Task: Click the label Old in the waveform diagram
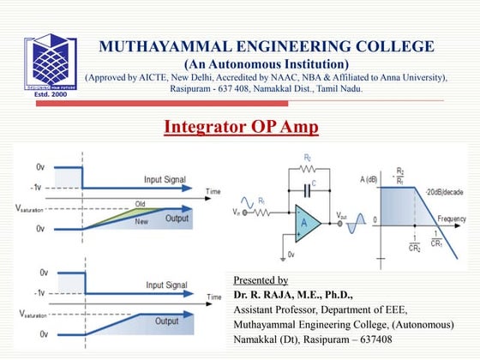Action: pos(140,204)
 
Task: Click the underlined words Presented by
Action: pos(261,280)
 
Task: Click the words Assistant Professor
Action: pos(277,309)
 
